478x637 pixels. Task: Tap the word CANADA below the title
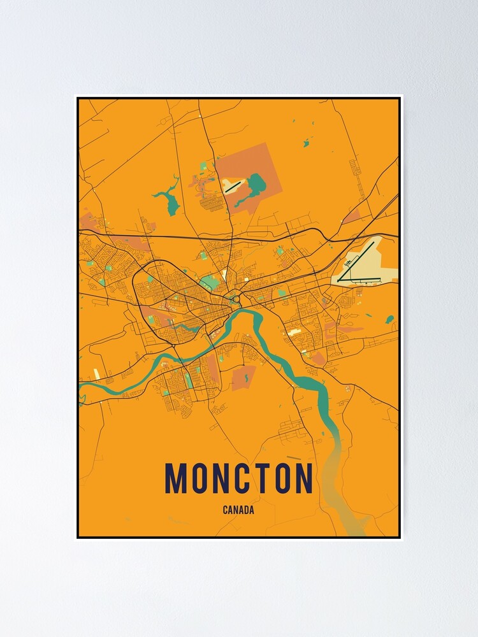238,510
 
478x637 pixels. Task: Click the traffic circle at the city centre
235,299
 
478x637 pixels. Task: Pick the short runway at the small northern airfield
233,186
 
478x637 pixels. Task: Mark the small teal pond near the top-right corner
306,143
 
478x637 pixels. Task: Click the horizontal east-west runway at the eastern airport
359,279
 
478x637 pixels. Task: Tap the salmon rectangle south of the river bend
243,377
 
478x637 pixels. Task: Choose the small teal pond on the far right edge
389,318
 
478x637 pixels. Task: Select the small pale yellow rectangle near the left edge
96,374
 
